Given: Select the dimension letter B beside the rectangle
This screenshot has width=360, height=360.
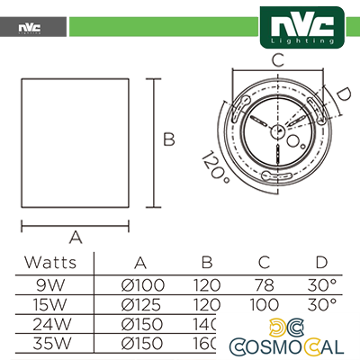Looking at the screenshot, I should (x=167, y=139).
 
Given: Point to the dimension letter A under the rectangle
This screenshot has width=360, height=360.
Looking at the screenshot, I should (x=76, y=238).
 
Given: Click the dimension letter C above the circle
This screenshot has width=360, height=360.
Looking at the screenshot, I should (x=278, y=60).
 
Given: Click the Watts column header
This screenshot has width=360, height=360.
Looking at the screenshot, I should (x=49, y=263).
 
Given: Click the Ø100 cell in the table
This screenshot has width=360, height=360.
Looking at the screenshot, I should (x=141, y=284).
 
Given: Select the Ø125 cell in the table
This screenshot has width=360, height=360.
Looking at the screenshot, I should (x=141, y=304).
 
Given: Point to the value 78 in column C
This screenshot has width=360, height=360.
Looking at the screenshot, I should (x=264, y=284).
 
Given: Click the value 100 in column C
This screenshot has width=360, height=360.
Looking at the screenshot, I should (x=264, y=304).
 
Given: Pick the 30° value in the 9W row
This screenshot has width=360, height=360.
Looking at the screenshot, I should (x=321, y=284).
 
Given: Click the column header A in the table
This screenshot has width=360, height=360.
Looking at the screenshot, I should (x=141, y=263).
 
